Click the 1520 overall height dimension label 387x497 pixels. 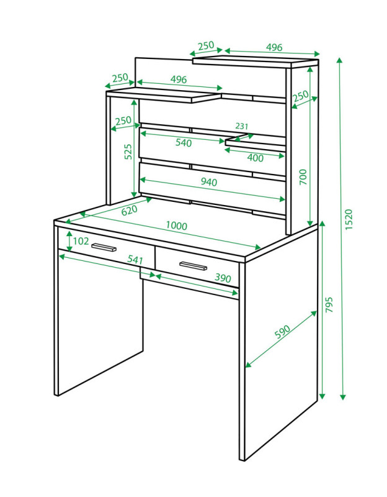[x=349, y=219]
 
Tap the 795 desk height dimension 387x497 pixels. [x=329, y=304]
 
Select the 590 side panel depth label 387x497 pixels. [x=282, y=332]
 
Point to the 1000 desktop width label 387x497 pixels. [x=177, y=226]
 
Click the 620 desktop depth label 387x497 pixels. [x=130, y=210]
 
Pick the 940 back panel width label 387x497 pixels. [x=209, y=181]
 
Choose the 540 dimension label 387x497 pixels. [x=184, y=143]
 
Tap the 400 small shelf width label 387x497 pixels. [x=255, y=158]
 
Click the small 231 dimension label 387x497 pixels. [x=242, y=126]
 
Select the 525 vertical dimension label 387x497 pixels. [x=128, y=152]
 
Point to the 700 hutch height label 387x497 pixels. [x=303, y=177]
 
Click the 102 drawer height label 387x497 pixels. [x=81, y=241]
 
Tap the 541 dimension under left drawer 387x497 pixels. [x=135, y=260]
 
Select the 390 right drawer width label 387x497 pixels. [x=223, y=278]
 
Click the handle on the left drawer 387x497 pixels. [x=104, y=247]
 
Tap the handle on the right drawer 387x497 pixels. [x=193, y=266]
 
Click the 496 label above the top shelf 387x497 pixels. [x=274, y=47]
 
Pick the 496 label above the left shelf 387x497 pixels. [x=179, y=79]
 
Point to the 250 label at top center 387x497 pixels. [x=207, y=45]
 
